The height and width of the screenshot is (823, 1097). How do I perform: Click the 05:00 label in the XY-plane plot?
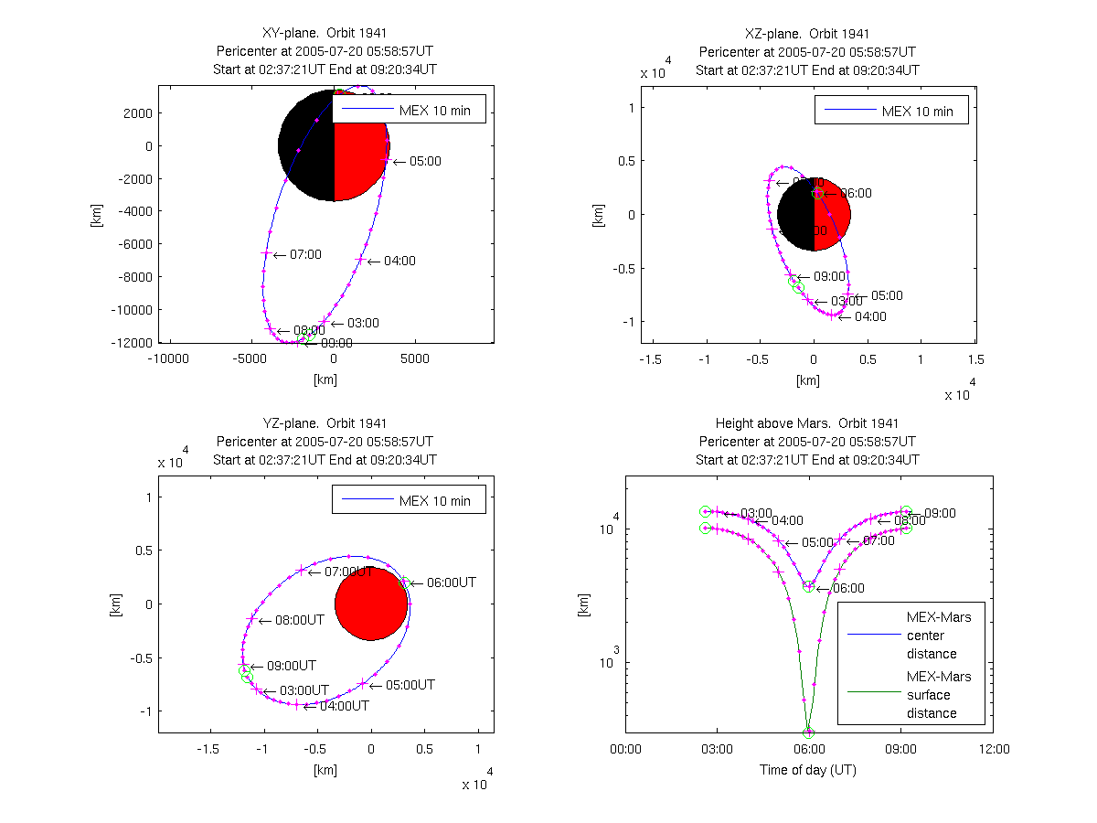pos(425,161)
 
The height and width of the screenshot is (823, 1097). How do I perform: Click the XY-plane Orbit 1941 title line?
pos(325,34)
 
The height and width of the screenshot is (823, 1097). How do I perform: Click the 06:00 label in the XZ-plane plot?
pos(856,193)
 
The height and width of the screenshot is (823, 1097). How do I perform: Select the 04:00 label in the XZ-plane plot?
pos(870,316)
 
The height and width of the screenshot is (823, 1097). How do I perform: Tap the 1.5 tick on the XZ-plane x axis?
pos(975,359)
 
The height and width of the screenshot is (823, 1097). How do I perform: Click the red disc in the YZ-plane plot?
pos(371,604)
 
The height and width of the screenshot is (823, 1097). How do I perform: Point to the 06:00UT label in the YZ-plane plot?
pos(443,583)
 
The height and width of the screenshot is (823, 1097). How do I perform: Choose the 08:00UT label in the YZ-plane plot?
pos(292,620)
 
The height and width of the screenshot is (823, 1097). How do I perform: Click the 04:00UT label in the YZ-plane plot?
pos(344,706)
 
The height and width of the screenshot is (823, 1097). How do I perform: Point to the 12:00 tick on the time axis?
pos(994,749)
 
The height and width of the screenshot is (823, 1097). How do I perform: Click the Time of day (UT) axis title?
pos(808,770)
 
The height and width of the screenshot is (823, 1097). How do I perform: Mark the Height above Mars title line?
pos(807,423)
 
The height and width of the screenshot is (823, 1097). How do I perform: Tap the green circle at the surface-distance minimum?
pos(808,732)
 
